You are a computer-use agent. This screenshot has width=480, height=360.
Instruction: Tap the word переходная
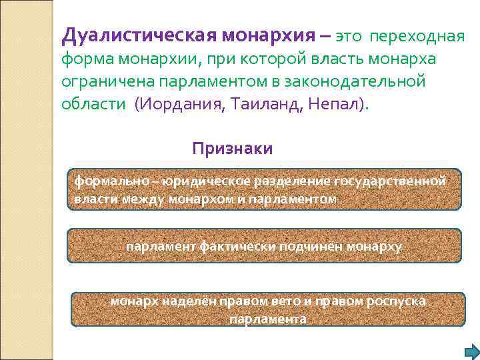[x=417, y=35]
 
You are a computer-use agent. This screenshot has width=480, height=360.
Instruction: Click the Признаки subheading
[x=232, y=148]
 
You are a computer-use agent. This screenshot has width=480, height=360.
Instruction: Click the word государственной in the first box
[x=389, y=180]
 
